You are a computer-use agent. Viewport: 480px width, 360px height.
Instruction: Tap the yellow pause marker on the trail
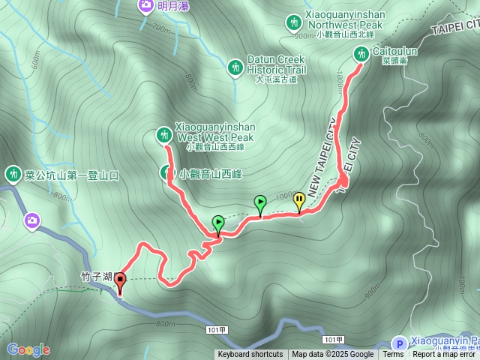click(300, 199)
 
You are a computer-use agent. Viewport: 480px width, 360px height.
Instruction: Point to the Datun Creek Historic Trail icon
click(235, 67)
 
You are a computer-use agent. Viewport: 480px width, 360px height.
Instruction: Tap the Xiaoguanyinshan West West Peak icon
click(163, 135)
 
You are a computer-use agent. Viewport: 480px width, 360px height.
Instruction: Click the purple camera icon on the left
click(32, 220)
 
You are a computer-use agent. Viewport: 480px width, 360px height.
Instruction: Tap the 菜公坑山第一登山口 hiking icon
click(13, 175)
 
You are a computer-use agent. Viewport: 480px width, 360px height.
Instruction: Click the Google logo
click(28, 349)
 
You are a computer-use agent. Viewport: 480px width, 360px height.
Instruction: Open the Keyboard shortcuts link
click(250, 355)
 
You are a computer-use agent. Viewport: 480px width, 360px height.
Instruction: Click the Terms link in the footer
click(393, 355)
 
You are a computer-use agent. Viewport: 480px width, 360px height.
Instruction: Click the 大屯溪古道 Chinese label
click(276, 79)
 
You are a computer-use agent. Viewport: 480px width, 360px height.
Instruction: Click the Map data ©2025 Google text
click(332, 355)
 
